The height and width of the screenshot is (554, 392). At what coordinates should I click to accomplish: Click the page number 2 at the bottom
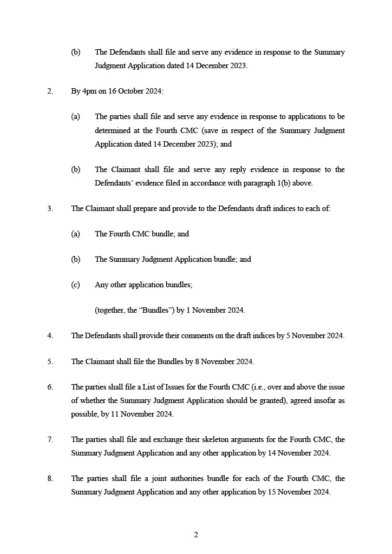point(196,535)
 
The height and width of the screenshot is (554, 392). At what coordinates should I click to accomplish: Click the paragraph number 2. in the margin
point(50,91)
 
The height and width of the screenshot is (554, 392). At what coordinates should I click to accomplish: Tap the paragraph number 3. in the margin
point(50,208)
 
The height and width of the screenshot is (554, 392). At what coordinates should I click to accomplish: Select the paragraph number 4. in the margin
point(50,335)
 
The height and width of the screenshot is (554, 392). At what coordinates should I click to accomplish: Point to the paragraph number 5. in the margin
point(50,361)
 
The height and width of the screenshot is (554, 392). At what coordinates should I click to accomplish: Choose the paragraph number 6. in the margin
point(50,387)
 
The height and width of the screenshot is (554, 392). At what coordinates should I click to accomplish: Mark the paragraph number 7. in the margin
point(50,439)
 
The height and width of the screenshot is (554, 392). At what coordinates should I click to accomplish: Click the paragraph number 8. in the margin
point(50,479)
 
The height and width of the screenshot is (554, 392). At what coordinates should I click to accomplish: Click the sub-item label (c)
point(76,285)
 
